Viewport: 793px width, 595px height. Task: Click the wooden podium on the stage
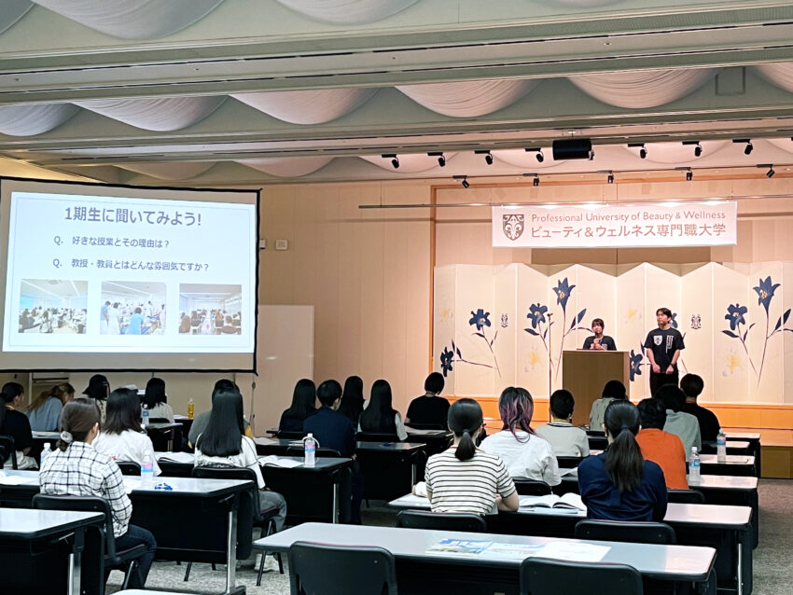pyautogui.click(x=595, y=383)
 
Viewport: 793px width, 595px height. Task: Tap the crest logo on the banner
pyautogui.click(x=513, y=227)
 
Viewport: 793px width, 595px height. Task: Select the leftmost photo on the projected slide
pyautogui.click(x=53, y=306)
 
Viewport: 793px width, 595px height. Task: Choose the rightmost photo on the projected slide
pyautogui.click(x=210, y=309)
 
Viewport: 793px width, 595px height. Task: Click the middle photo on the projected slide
pyautogui.click(x=133, y=308)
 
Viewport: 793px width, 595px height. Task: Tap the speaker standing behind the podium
pyautogui.click(x=599, y=336)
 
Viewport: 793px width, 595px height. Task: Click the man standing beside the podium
pyautogui.click(x=663, y=349)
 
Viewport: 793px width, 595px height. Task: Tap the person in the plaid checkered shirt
pyautogui.click(x=86, y=480)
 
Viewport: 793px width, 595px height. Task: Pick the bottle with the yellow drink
pyautogui.click(x=190, y=408)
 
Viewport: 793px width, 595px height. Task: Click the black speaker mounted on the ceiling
pyautogui.click(x=572, y=149)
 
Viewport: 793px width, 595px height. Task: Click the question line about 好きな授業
pyautogui.click(x=111, y=242)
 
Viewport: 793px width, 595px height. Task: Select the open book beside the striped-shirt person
pyautogui.click(x=551, y=501)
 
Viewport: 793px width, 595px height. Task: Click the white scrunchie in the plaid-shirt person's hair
pyautogui.click(x=65, y=436)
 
